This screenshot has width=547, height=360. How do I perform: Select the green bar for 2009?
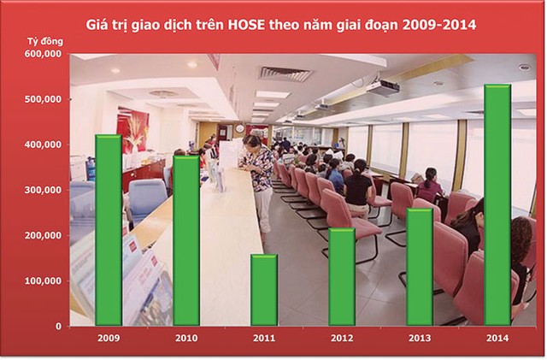108,230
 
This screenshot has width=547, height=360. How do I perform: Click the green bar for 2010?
185,240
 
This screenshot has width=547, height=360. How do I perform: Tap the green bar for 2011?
264,290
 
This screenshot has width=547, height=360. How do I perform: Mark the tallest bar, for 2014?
497,205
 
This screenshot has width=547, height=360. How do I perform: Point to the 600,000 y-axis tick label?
44,54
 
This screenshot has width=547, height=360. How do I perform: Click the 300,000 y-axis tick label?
44,190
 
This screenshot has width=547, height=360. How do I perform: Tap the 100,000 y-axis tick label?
44,280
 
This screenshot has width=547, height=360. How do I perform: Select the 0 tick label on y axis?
57,326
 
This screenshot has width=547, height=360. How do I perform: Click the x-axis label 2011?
264,339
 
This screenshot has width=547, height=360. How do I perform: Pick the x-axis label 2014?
497,339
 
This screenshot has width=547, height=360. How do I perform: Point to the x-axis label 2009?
108,339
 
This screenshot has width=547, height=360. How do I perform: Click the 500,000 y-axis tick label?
44,99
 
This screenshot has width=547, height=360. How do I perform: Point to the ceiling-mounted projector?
383,86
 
